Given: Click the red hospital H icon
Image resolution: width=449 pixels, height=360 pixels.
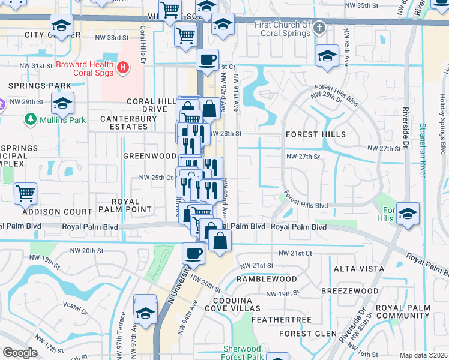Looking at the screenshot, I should pos(123,67).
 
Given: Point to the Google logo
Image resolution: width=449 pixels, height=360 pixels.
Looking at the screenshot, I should pos(20,353).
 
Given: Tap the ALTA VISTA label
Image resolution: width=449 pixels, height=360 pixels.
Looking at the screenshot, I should pos(354,268).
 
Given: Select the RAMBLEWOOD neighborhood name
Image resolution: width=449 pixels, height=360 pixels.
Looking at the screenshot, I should pos(267,280).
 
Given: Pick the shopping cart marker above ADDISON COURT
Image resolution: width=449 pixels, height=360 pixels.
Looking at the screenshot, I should pos(25,194).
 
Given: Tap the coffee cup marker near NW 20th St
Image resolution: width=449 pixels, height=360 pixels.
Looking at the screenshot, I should pos(193,253).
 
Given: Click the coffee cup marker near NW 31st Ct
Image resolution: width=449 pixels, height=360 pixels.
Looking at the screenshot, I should pos(207,60).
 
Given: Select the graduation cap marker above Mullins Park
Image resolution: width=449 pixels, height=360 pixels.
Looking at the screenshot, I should pos(62,104).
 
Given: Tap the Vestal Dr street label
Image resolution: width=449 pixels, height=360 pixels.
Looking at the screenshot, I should pos(76,310).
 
